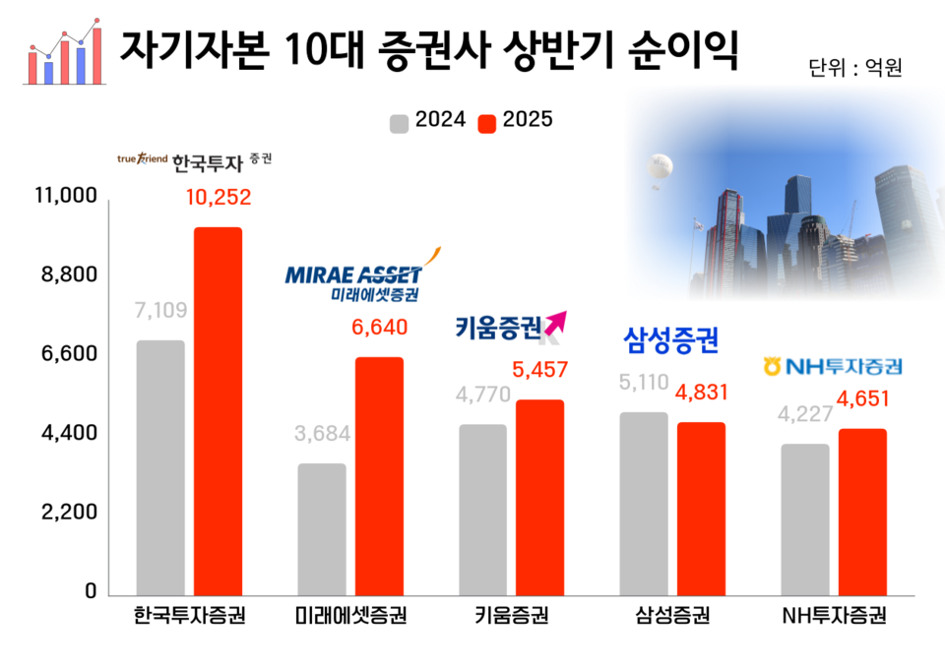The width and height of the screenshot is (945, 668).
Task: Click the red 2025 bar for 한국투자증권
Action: point(218,410)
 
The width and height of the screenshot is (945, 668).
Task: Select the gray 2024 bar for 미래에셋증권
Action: point(322,528)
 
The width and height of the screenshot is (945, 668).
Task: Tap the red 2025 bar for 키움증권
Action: point(540,497)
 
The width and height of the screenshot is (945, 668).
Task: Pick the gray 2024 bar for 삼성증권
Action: point(644,503)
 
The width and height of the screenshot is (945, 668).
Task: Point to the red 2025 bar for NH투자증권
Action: point(863,512)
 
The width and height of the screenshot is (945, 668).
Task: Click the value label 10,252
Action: point(219,197)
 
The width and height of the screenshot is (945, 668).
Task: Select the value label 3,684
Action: point(323,434)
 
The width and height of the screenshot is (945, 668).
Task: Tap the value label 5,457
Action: point(540,371)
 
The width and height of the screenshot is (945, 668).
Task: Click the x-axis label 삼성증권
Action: point(672,618)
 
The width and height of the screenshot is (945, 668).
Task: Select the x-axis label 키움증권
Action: point(511,618)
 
